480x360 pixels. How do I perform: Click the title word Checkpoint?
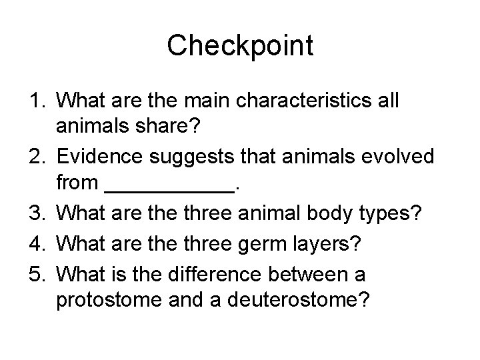(x=240, y=45)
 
